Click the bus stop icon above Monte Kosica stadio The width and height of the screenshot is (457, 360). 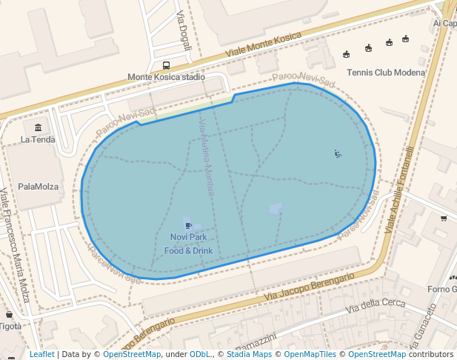coord(166,65)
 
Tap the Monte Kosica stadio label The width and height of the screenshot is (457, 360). coord(166,77)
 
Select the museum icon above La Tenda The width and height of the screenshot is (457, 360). coord(38,127)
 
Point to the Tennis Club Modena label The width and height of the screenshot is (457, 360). coord(386,73)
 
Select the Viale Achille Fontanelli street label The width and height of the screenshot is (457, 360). coord(401,190)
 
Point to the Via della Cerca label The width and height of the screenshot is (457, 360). coord(376,304)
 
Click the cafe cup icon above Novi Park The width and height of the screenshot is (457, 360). coord(188,225)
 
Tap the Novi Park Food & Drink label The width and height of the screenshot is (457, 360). coord(188,244)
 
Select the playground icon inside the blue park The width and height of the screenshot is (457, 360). coord(337,153)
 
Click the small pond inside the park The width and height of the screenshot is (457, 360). coord(276,209)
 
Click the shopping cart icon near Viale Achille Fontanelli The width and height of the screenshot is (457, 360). coord(444,218)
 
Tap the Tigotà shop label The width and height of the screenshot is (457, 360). coord(10,326)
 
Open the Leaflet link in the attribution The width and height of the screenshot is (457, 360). coord(41,355)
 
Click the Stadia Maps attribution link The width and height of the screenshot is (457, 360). coord(249,355)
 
